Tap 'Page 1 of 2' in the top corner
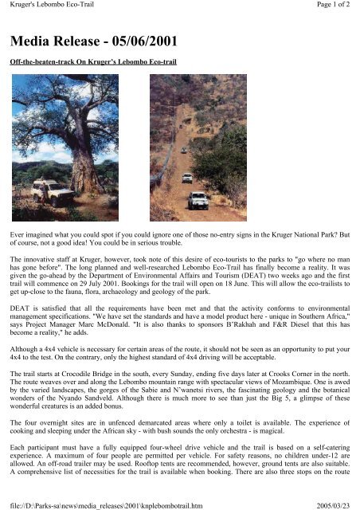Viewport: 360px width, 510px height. coord(333,6)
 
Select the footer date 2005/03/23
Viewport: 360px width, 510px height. coord(337,504)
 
